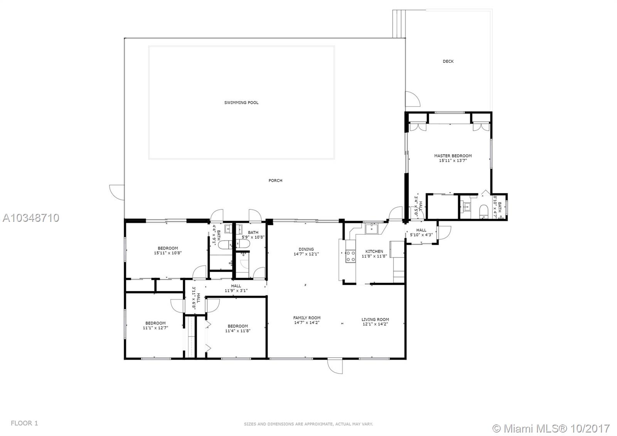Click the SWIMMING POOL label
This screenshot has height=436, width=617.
[x=241, y=103]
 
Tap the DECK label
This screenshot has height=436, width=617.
[x=448, y=61]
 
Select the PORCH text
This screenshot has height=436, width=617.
[x=275, y=181]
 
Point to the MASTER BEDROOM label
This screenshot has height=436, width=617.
[x=453, y=156]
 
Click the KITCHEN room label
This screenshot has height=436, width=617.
[x=374, y=251]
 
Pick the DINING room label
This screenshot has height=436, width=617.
[x=306, y=249]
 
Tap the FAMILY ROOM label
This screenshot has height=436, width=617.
[x=307, y=318]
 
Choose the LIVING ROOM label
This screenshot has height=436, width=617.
[x=375, y=319]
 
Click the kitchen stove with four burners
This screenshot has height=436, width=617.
[x=351, y=256]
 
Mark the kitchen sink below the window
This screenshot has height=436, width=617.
[x=372, y=228]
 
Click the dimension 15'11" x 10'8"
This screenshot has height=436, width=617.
[x=168, y=253]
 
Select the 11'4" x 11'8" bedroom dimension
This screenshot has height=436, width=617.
[x=238, y=331]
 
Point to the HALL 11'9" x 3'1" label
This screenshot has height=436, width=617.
[x=236, y=288]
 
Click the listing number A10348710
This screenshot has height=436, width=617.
[x=31, y=218]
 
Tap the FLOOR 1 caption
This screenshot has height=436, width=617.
[x=24, y=423]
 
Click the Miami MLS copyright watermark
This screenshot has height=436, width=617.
[x=551, y=428]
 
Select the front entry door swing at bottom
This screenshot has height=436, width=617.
[x=335, y=366]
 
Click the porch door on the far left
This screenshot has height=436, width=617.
[x=117, y=193]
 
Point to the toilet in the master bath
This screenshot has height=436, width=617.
[x=484, y=212]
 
